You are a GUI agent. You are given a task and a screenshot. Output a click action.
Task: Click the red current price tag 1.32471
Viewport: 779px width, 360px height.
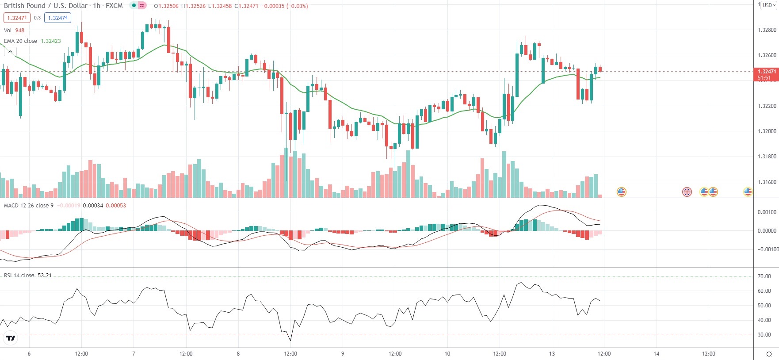[x=766, y=72]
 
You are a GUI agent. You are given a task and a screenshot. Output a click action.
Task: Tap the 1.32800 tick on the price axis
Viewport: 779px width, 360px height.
[x=767, y=30]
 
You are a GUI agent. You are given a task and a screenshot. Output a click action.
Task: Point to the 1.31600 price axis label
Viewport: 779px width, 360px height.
[x=767, y=182]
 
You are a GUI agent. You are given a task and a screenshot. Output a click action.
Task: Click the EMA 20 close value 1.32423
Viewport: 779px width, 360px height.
[x=51, y=41]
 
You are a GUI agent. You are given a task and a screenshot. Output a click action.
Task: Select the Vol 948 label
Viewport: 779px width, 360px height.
[x=14, y=31]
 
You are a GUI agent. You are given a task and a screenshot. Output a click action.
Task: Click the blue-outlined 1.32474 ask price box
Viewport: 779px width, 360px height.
[x=58, y=18]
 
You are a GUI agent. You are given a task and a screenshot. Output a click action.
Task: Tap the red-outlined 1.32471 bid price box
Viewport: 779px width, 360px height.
[x=17, y=18]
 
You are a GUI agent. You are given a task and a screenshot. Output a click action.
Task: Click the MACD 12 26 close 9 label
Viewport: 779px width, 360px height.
[x=29, y=206]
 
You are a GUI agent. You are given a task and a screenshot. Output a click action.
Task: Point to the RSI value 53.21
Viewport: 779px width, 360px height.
[x=45, y=276]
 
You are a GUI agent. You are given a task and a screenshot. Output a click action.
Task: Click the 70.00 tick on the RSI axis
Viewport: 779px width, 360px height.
[x=764, y=276]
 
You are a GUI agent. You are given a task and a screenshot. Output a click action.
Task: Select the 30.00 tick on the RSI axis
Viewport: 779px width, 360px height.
[x=764, y=335]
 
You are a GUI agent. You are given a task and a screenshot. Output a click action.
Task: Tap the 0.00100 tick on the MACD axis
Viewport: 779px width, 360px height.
[x=767, y=212]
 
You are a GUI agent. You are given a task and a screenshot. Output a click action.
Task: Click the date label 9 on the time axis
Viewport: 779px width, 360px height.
[x=343, y=354]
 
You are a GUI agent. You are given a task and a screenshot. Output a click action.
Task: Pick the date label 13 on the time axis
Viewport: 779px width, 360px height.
[x=552, y=354]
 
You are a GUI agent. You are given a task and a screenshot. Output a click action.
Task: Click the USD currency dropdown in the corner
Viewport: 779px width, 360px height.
[x=769, y=5]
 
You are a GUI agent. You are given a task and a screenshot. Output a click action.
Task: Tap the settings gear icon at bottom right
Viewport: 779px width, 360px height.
[x=769, y=354]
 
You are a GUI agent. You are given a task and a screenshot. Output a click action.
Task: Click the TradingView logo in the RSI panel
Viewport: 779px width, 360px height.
[x=11, y=338]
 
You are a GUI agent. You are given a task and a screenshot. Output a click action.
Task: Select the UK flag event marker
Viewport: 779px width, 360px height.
[x=687, y=192]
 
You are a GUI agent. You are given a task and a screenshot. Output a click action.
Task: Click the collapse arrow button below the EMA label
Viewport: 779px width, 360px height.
[x=10, y=52]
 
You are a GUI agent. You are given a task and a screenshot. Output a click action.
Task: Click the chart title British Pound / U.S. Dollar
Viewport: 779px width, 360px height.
[x=46, y=6]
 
